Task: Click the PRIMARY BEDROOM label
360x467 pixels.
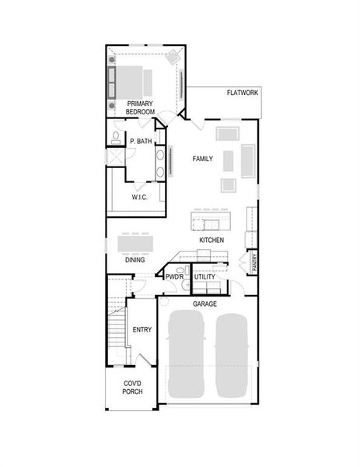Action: [x=141, y=107]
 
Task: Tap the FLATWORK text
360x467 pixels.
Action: [x=243, y=93]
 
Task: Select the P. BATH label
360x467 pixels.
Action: [x=141, y=142]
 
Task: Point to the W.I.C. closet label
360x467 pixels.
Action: [x=139, y=197]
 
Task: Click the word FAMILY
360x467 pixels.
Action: [x=203, y=158]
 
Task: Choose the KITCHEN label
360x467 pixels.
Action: [x=211, y=241]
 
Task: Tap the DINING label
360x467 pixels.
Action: [x=135, y=260]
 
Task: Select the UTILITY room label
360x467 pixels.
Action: [x=204, y=277]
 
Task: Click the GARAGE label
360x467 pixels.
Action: [x=204, y=303]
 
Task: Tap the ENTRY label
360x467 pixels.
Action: [x=142, y=329]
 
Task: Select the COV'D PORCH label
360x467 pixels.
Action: [x=131, y=388]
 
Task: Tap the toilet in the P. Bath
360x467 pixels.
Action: [x=115, y=139]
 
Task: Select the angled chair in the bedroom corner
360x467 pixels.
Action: [x=173, y=56]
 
